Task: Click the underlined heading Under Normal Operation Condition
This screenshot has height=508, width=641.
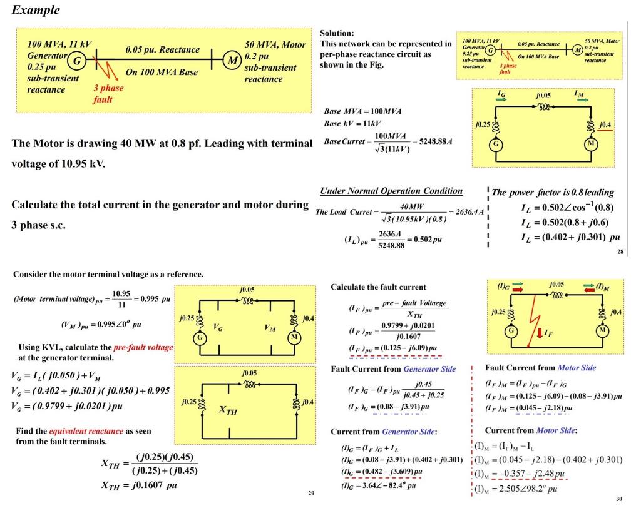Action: click(x=391, y=191)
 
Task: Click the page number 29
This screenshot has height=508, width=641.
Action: click(x=310, y=494)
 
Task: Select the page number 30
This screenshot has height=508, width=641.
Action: click(x=620, y=499)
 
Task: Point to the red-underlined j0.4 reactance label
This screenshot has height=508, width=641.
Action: click(x=606, y=125)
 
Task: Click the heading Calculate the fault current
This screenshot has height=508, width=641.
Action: click(x=378, y=287)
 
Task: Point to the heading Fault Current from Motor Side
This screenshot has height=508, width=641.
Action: click(x=540, y=368)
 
